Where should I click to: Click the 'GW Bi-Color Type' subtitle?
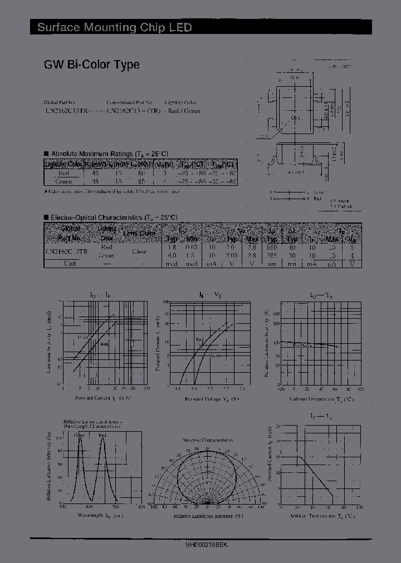coord(92,65)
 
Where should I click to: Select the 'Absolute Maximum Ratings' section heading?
coord(109,153)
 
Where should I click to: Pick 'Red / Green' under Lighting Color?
coord(184,111)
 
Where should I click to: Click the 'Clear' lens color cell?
coord(139,251)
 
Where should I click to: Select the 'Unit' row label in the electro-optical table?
coord(70,263)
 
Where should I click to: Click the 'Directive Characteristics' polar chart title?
coord(206,439)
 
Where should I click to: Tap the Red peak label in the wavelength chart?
coord(102,434)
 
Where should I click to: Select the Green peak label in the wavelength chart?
coord(79,434)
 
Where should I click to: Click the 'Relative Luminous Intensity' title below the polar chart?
coord(207,516)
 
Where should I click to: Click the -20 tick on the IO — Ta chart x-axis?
coord(282,391)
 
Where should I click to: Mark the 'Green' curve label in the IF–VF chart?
coord(214,355)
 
